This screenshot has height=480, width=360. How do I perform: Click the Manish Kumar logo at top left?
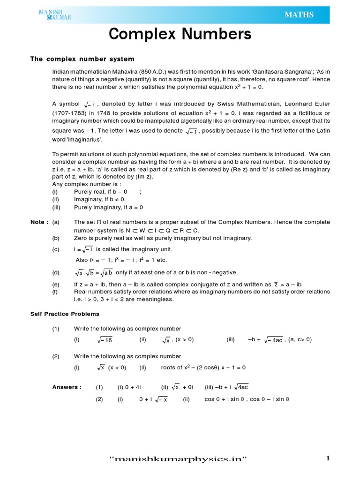[x=55, y=15]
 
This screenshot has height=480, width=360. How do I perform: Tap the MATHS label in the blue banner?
[x=299, y=15]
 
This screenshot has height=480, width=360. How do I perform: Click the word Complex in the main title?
[x=144, y=35]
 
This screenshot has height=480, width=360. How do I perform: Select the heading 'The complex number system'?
[x=82, y=59]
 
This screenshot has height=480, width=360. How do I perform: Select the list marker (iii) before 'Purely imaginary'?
[x=56, y=207]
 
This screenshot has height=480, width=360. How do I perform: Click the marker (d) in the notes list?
[x=56, y=272]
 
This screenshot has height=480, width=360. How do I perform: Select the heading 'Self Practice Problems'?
[x=65, y=314]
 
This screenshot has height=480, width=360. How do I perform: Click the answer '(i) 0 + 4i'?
[x=129, y=387]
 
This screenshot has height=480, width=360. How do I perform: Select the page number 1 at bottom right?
[x=328, y=458]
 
